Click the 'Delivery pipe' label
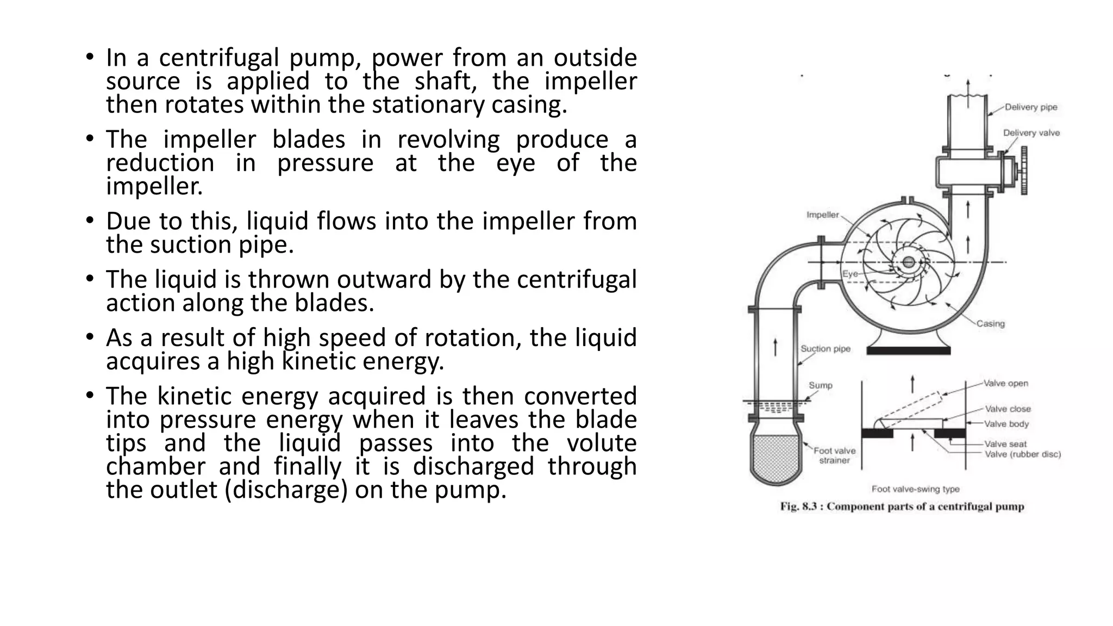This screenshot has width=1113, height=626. point(1030,107)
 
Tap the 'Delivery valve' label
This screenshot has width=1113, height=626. point(1031,133)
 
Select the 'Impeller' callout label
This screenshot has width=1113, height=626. point(822,215)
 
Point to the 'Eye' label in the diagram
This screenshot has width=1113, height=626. point(850,274)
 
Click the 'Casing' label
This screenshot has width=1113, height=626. point(990,323)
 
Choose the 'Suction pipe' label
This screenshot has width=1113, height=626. point(825,349)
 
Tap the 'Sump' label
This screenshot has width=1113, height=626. point(820,385)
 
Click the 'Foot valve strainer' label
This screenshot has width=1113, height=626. point(834,455)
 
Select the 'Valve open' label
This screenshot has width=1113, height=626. point(1006,383)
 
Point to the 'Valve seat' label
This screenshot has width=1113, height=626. point(1005,444)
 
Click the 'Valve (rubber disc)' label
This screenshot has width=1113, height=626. point(1022,454)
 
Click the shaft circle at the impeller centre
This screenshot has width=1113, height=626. point(908,262)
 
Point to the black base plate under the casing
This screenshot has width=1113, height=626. point(908,351)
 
